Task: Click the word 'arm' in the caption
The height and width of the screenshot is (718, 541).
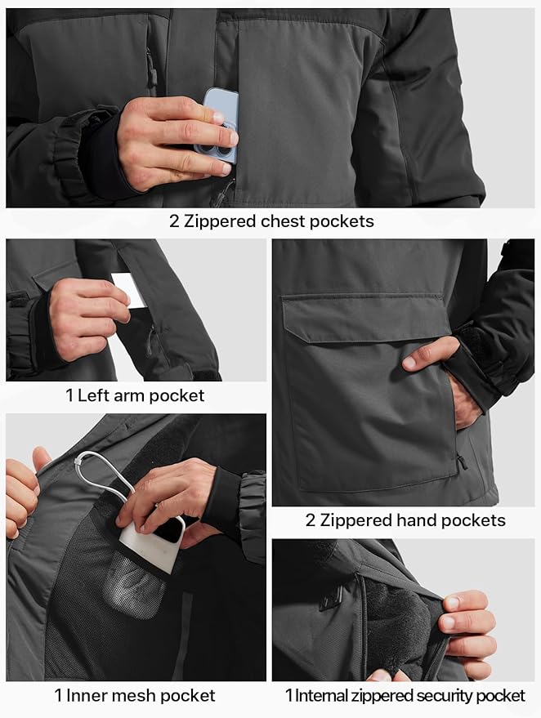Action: coord(125,395)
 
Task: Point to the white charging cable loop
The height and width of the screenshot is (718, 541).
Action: coord(102,474)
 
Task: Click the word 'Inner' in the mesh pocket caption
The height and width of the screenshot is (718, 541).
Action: coord(90,696)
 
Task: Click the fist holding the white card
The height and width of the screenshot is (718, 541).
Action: coord(86,314)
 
